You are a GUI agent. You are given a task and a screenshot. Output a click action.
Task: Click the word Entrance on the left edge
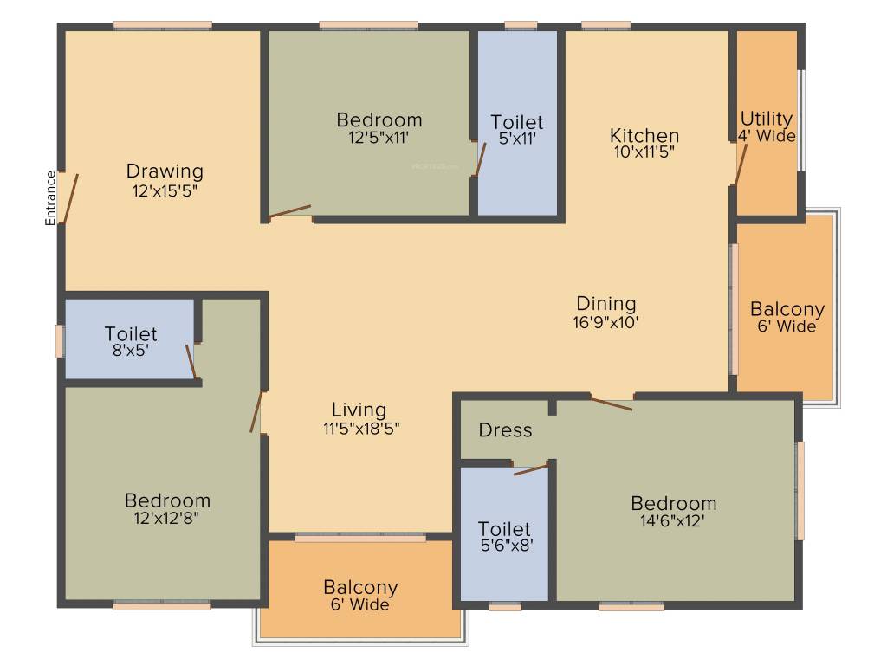tap(50, 198)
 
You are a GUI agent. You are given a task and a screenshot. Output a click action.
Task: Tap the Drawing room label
tap(165, 171)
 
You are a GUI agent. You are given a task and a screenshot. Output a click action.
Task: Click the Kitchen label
tap(644, 136)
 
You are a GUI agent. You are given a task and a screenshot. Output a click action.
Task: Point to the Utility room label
tap(766, 119)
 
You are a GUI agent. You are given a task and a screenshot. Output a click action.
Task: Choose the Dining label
tap(606, 304)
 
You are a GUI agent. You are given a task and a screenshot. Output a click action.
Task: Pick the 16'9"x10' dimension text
tap(606, 322)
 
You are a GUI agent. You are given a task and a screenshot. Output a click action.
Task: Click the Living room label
tap(359, 410)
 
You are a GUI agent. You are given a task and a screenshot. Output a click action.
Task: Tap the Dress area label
tap(505, 430)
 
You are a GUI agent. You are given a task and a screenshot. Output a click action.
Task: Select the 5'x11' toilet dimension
tap(517, 139)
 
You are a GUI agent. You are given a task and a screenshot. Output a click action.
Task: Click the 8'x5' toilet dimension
tap(131, 351)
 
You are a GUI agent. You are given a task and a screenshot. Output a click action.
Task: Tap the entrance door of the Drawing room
tap(68, 197)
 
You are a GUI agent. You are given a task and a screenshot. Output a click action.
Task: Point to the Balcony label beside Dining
tap(787, 309)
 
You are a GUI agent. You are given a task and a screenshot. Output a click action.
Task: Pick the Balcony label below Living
tap(360, 588)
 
